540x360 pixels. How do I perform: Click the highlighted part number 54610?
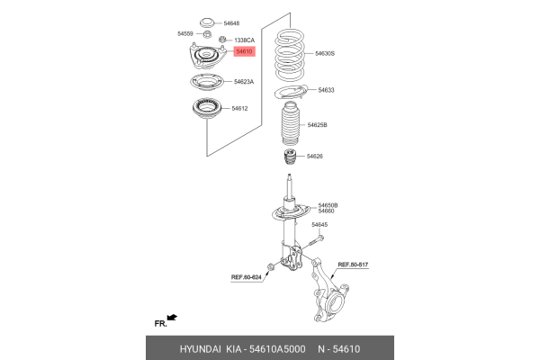(x=244, y=51)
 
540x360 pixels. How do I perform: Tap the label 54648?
(x=231, y=23)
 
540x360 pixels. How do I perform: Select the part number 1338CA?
(x=244, y=40)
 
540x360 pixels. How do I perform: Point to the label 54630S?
(x=325, y=53)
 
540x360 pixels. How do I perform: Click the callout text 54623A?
(x=244, y=82)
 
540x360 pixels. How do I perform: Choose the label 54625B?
(x=317, y=125)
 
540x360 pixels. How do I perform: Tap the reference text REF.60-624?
(x=247, y=277)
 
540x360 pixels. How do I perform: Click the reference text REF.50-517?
(x=353, y=265)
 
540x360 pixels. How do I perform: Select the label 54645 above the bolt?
(x=319, y=225)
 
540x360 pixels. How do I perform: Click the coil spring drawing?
(x=290, y=55)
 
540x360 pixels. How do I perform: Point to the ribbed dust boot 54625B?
(x=290, y=123)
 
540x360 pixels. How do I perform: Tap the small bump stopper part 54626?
(x=290, y=157)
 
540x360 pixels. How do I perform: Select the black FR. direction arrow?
(x=172, y=318)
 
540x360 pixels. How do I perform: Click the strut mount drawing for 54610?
(x=207, y=56)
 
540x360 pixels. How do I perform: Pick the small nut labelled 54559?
(x=207, y=34)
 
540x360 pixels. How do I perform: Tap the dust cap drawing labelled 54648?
(x=207, y=22)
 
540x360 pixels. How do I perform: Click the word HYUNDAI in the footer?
(x=201, y=349)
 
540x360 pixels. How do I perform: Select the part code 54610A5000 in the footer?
(x=277, y=349)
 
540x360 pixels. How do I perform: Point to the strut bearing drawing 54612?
(x=207, y=109)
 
